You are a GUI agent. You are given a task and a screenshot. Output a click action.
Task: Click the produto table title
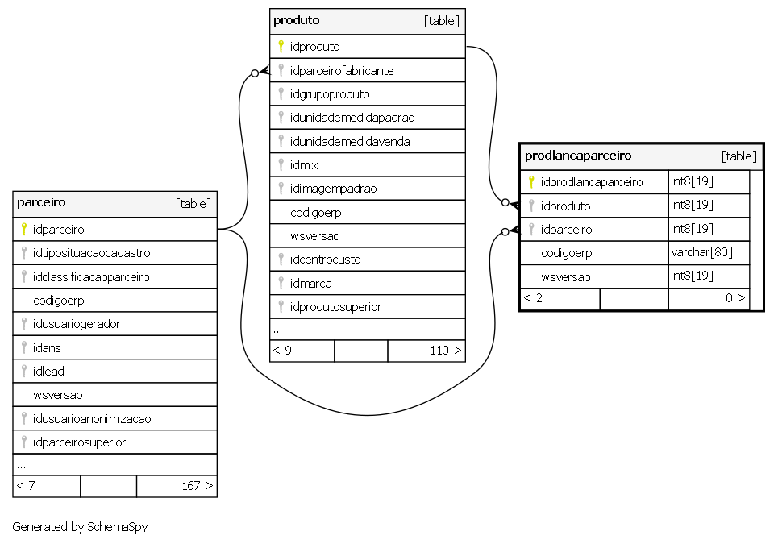[296, 20]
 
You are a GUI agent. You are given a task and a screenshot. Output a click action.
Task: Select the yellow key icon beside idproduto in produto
[281, 46]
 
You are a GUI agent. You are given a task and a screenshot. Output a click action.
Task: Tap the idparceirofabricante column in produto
[342, 70]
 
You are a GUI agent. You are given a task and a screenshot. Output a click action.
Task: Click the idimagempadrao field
[334, 189]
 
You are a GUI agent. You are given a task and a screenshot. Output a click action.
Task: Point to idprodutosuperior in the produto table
[335, 307]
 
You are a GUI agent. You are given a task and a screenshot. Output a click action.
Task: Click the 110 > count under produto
[446, 351]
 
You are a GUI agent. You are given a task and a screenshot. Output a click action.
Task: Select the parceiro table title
[41, 202]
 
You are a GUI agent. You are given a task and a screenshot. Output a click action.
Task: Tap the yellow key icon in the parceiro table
[24, 229]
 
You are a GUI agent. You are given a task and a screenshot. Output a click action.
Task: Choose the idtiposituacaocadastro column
[91, 253]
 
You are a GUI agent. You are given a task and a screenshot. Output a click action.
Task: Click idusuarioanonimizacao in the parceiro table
[92, 418]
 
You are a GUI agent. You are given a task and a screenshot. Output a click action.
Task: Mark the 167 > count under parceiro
[198, 485]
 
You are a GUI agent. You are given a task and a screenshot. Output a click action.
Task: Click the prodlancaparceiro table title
[578, 156]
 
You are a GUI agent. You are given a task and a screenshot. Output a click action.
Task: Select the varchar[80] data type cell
[701, 252]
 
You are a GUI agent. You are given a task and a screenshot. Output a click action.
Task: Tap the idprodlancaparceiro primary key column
[592, 182]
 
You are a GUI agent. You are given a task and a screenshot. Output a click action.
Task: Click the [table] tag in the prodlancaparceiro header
[738, 156]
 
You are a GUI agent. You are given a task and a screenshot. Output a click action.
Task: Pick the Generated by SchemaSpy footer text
[80, 526]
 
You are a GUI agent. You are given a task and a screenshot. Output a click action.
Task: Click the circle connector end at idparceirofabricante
[255, 73]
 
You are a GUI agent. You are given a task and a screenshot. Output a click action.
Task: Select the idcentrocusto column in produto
[325, 260]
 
